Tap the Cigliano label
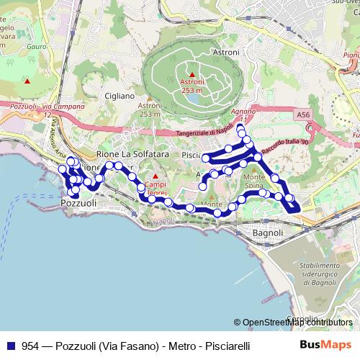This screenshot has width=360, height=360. [119, 96]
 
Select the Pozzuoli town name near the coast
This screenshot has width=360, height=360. [79, 204]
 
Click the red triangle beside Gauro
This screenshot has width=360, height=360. [27, 80]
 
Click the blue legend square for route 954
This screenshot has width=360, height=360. [10, 346]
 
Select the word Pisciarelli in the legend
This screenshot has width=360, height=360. [226, 346]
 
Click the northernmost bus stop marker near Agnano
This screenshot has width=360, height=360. [240, 129]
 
